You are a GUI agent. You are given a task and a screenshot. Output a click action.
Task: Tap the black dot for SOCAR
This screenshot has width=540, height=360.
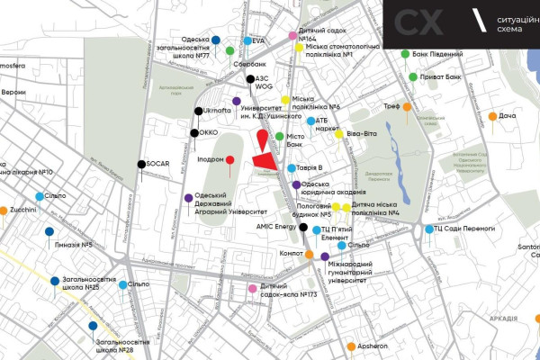pyautogui.click(x=141, y=164)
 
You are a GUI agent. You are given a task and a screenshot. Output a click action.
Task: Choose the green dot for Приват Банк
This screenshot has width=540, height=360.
pyautogui.click(x=413, y=76)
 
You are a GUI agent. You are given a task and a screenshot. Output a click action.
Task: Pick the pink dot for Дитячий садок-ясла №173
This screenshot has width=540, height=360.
pyautogui.click(x=253, y=289)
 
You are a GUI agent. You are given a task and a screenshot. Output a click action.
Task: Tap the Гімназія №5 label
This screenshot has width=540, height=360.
pyautogui.click(x=74, y=244)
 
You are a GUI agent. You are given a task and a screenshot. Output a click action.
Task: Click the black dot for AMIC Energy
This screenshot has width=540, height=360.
pyautogui.click(x=303, y=228)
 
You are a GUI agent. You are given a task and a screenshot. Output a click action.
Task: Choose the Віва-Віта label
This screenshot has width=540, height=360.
pyautogui.click(x=363, y=136)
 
